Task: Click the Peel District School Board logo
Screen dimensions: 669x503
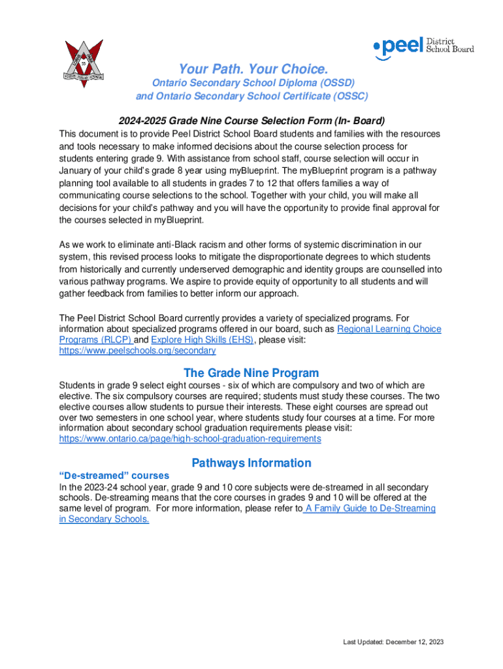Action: [423, 47]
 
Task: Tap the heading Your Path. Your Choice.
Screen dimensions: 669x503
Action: [253, 69]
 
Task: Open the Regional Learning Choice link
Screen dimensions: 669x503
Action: [389, 329]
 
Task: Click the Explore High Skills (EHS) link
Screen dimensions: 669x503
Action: [202, 340]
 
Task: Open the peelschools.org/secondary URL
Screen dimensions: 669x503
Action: [137, 351]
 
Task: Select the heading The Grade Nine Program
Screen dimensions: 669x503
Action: [252, 373]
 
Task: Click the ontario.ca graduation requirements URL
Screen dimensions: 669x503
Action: [190, 439]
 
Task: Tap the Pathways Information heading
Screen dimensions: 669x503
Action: [252, 463]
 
